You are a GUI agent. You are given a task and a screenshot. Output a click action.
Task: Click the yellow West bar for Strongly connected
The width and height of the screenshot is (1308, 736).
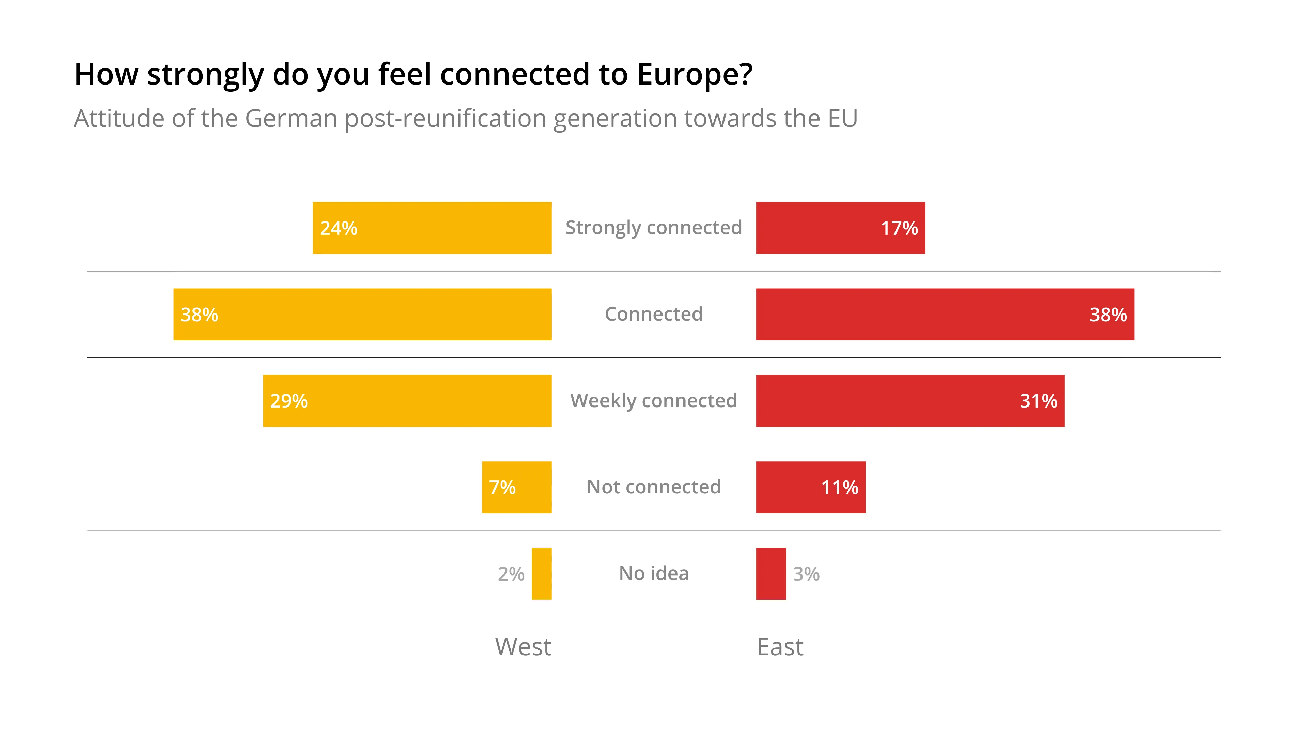click(432, 228)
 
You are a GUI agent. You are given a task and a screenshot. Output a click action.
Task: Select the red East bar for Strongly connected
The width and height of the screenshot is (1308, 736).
click(840, 228)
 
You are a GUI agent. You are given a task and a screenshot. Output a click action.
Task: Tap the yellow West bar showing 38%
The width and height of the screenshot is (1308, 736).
click(362, 315)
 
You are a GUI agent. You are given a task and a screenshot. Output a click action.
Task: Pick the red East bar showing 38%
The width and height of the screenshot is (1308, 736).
click(945, 315)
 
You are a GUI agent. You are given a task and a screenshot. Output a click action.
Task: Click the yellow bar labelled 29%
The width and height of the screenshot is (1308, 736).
click(407, 401)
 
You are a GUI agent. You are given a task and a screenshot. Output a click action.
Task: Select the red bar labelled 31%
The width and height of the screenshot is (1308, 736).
click(910, 401)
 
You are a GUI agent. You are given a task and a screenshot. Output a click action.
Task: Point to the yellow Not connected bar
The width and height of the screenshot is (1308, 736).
click(516, 487)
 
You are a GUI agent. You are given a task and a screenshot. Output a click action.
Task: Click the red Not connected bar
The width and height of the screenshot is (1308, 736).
click(810, 487)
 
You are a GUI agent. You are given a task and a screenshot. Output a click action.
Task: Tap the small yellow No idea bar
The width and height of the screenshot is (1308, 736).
click(541, 573)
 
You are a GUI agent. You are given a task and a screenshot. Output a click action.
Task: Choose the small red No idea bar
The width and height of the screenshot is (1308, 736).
click(771, 573)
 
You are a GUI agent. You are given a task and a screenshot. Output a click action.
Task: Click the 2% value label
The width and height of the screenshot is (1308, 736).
click(511, 574)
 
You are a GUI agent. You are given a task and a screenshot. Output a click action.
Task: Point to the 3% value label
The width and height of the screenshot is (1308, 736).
click(806, 574)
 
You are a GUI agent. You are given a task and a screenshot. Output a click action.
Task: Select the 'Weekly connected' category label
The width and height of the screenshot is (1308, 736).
click(654, 401)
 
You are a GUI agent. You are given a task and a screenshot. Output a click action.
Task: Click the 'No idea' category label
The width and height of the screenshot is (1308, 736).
click(654, 573)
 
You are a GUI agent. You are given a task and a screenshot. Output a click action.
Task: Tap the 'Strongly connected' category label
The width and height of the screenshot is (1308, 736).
click(654, 228)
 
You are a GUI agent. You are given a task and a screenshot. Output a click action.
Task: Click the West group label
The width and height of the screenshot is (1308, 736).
click(523, 647)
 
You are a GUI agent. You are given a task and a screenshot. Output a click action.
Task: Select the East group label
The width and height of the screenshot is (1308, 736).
click(780, 647)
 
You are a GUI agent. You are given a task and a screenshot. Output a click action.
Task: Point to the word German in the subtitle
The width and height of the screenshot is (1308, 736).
click(291, 118)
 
